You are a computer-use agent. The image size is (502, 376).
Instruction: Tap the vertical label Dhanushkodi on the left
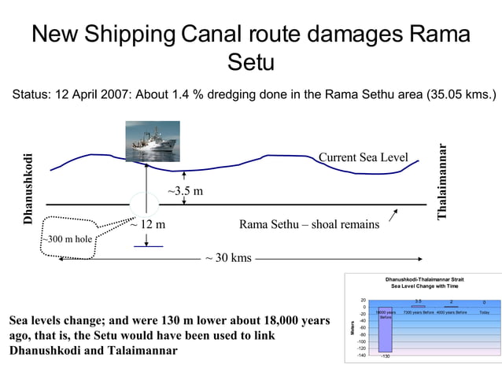[x=29, y=188]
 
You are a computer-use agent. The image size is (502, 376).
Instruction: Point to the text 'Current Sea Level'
[x=363, y=158]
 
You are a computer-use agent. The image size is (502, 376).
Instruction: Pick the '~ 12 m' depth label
[x=147, y=225]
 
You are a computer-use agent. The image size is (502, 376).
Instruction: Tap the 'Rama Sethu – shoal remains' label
[x=308, y=225]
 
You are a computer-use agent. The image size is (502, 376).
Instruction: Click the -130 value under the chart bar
[x=385, y=356]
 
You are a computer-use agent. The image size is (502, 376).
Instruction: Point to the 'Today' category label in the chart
[x=484, y=312]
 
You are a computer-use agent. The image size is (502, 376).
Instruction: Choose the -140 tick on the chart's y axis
[x=361, y=355]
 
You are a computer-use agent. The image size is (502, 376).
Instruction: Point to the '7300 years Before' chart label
[x=419, y=312]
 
